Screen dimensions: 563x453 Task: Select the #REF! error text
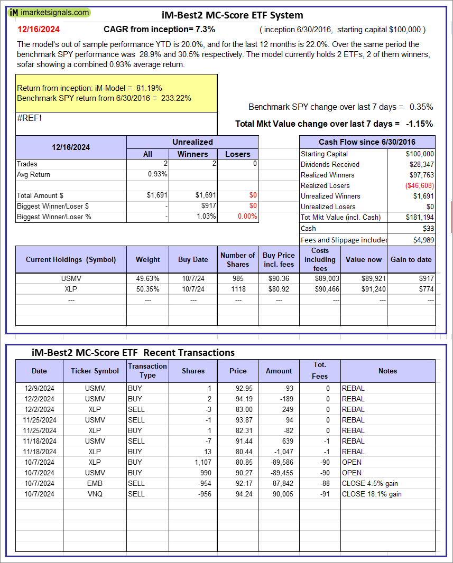point(29,118)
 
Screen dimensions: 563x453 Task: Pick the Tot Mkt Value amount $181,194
point(420,217)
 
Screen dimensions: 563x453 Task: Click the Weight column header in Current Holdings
point(147,259)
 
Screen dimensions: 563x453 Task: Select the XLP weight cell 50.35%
point(147,289)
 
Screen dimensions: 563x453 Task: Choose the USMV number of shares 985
point(238,278)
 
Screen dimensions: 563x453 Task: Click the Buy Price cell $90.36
point(279,278)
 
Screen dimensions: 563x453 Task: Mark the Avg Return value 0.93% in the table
point(158,174)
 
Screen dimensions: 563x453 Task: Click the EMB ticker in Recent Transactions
point(95,483)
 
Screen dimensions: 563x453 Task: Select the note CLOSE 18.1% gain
point(372,494)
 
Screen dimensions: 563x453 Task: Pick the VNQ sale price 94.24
point(238,494)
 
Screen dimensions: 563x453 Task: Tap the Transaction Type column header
point(147,370)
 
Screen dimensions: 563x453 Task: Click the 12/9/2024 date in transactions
point(39,388)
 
